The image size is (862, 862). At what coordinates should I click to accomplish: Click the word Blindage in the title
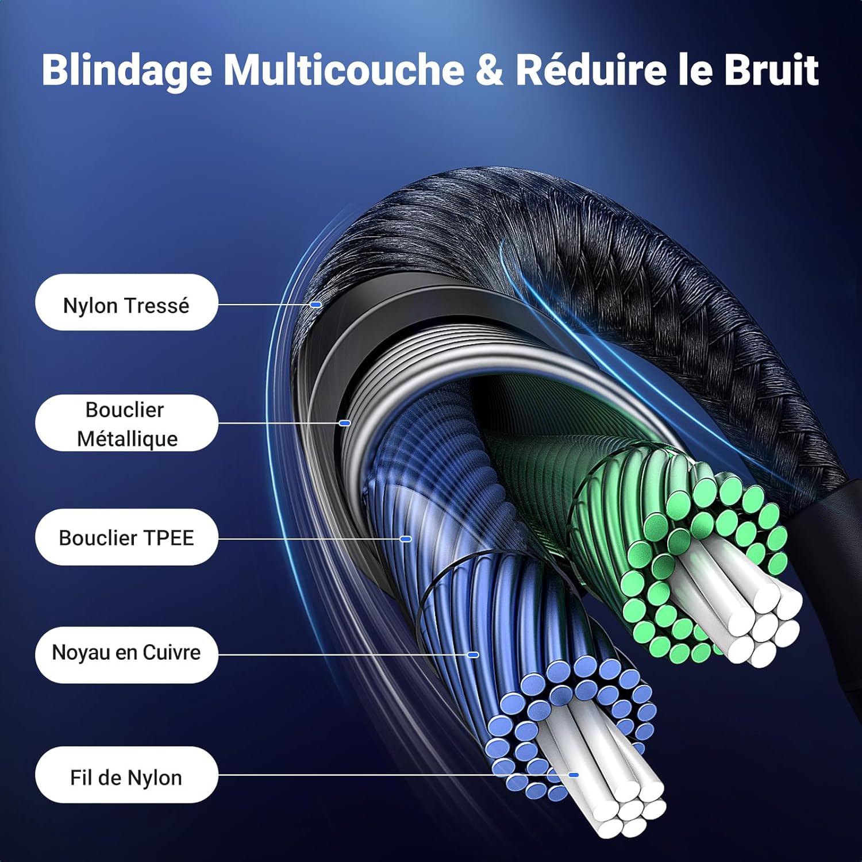coord(126,71)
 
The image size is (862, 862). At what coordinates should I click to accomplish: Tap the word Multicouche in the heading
coord(343,70)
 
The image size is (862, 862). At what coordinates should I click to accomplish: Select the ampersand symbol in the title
coord(489,70)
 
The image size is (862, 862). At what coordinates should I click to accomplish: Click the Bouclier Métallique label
coord(126,424)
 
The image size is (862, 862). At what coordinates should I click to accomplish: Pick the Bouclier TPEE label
coord(126,537)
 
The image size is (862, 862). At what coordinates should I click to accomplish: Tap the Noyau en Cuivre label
coord(126,653)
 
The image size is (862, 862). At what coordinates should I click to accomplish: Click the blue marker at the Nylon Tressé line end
coord(315,304)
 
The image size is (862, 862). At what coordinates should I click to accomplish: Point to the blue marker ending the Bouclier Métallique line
coord(345,423)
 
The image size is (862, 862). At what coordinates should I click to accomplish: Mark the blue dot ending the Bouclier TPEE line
coord(406,539)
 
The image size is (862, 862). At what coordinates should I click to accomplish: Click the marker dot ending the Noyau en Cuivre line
coord(473,655)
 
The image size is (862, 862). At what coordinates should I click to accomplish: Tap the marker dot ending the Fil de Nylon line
coord(574,775)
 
